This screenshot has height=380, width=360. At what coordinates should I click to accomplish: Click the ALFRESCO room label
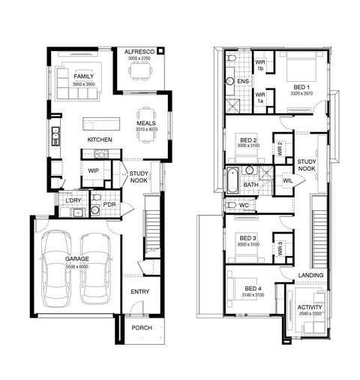139,52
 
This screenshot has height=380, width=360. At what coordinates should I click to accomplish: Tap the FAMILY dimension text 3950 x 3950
84,84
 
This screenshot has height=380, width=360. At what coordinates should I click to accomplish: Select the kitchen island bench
101,124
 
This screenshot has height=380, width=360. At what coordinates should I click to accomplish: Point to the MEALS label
146,123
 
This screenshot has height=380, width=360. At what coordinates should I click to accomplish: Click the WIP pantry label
93,170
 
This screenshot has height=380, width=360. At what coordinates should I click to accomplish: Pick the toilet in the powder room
95,198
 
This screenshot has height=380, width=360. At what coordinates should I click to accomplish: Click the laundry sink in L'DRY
78,213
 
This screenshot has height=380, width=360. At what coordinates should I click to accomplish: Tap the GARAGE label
77,259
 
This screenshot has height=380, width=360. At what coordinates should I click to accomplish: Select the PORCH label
142,327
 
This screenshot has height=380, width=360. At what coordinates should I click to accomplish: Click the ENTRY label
140,291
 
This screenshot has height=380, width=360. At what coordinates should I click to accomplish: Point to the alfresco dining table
139,71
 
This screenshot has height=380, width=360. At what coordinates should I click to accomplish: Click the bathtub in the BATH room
232,180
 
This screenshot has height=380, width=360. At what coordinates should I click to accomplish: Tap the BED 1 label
301,87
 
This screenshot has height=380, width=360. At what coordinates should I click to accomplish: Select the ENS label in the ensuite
243,81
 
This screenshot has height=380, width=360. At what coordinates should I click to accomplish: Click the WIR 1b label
260,65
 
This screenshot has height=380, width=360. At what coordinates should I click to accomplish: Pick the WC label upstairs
244,205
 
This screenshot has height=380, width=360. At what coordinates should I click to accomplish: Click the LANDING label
310,275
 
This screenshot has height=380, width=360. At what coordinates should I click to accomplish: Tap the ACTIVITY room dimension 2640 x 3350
310,313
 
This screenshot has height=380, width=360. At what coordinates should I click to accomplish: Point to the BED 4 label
253,288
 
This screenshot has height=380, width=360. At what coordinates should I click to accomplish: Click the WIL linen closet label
287,181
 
